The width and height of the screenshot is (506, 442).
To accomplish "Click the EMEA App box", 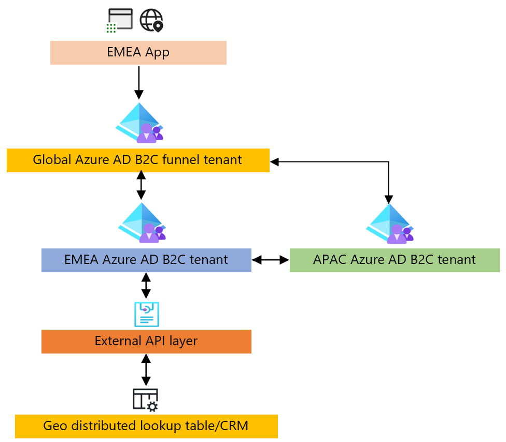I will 138,53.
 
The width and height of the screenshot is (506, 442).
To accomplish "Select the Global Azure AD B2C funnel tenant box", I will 138,160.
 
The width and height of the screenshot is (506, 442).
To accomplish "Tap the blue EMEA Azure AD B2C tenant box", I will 146,260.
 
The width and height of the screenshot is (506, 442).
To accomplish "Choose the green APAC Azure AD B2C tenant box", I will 394,260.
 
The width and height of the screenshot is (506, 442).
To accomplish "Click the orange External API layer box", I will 146,342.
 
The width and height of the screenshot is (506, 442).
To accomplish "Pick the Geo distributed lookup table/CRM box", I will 146,426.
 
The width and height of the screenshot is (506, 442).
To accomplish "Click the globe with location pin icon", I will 151,21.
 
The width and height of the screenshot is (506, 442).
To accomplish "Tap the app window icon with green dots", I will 118,21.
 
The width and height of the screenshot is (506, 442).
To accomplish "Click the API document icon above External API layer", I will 147,314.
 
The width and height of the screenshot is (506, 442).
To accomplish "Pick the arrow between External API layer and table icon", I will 146,370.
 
